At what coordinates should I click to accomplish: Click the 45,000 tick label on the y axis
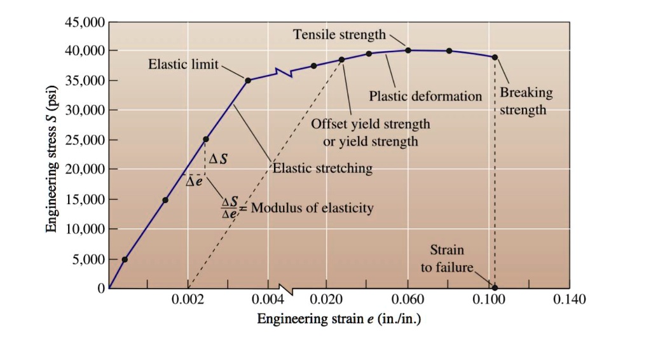point(85,22)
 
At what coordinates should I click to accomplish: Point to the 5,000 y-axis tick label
point(88,260)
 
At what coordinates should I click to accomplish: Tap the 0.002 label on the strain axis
point(188,300)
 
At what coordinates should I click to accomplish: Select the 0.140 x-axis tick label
point(570,300)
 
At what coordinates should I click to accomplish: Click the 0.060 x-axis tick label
point(408,300)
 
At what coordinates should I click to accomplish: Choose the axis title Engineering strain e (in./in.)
point(338,318)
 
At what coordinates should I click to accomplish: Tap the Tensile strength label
point(339,34)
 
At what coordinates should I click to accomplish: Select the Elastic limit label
point(183,64)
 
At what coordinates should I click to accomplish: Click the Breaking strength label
point(526,101)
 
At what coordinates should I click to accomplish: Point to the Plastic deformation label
point(425,97)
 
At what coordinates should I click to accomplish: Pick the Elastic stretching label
point(324,169)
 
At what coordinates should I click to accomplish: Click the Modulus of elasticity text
point(312,208)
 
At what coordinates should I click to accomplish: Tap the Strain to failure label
point(447,258)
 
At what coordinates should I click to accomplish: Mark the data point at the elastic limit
point(248,80)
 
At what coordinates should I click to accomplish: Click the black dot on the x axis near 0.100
point(495,287)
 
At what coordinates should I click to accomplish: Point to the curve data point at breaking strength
point(495,57)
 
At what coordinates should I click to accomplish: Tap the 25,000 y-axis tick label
point(85,140)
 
